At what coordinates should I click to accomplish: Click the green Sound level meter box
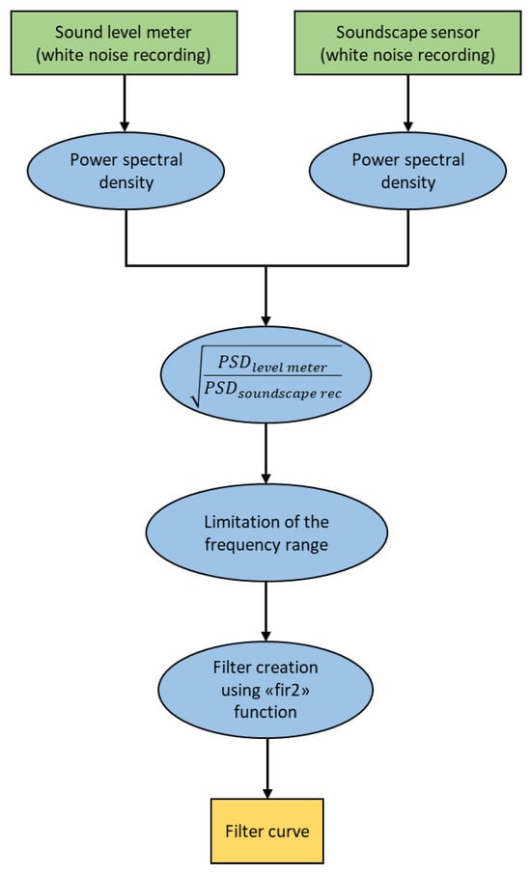pyautogui.click(x=124, y=42)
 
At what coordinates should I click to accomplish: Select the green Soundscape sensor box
pyautogui.click(x=407, y=42)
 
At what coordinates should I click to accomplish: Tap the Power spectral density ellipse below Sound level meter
pyautogui.click(x=126, y=171)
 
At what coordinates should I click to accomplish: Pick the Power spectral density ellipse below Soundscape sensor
pyautogui.click(x=407, y=171)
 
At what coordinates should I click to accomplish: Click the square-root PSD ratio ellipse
pyautogui.click(x=266, y=374)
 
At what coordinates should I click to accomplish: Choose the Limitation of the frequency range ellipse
pyautogui.click(x=266, y=533)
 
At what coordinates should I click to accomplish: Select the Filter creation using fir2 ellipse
pyautogui.click(x=265, y=690)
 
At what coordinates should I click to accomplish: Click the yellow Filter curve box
pyautogui.click(x=267, y=832)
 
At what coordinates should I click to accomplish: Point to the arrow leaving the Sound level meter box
pyautogui.click(x=125, y=103)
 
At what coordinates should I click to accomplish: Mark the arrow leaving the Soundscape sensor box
pyautogui.click(x=407, y=103)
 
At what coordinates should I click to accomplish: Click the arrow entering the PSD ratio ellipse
pyautogui.click(x=266, y=296)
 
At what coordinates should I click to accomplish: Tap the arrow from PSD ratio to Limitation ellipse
pyautogui.click(x=266, y=453)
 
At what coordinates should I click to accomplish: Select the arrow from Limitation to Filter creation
pyautogui.click(x=266, y=612)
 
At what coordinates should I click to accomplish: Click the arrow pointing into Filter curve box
pyautogui.click(x=267, y=769)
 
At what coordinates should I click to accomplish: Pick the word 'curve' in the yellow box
pyautogui.click(x=288, y=832)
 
